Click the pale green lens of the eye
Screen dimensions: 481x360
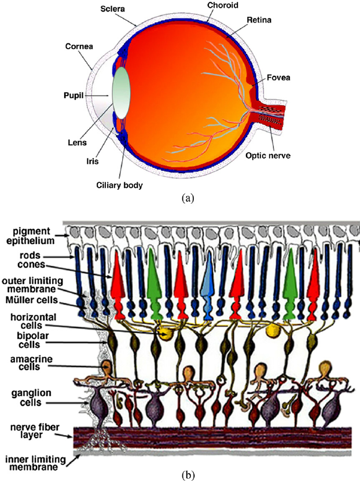[121, 93]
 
